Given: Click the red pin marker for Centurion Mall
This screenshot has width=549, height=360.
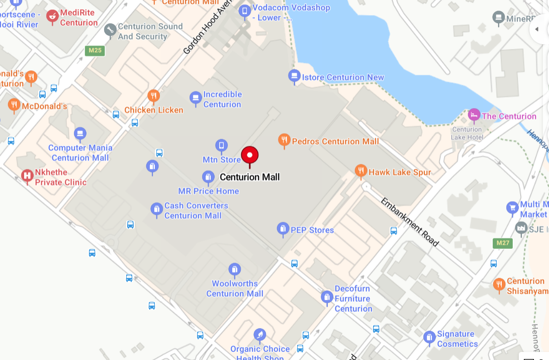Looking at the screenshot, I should tap(250, 155).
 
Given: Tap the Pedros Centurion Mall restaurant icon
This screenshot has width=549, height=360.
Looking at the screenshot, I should tap(284, 140).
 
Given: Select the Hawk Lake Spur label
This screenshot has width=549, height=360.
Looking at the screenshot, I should tap(400, 172).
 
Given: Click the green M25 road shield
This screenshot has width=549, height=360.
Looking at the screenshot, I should tap(95, 50).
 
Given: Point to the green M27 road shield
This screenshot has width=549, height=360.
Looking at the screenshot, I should tap(502, 243).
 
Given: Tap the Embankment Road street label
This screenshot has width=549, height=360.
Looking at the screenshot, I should tap(409, 222).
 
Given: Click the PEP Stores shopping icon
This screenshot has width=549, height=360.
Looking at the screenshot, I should tap(283, 229).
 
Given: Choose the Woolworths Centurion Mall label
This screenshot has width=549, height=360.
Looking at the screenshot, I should tap(235, 289).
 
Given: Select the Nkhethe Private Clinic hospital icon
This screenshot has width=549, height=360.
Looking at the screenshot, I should tap(27, 176).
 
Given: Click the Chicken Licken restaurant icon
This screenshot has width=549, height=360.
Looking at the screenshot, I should tap(153, 96).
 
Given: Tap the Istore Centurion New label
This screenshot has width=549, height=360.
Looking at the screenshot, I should tap(343, 77).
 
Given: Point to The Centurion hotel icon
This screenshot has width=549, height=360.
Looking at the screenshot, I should tap(474, 115).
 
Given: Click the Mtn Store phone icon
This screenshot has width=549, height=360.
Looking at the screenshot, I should tap(221, 146).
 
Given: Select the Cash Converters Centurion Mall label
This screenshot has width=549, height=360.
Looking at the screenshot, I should tap(196, 211).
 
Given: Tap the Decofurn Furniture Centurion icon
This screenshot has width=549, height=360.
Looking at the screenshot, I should tap(327, 297).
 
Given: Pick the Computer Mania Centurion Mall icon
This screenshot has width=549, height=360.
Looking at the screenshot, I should tap(80, 134).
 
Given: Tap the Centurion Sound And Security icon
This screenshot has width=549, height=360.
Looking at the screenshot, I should tap(110, 30).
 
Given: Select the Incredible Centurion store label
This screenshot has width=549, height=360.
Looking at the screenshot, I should tap(222, 100).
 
